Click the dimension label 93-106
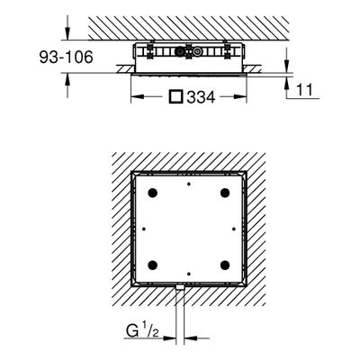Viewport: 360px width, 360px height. coord(67,57)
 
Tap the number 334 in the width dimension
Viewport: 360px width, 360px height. coord(201,97)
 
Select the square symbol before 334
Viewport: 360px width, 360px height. coord(176,96)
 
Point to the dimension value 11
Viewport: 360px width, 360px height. coord(305,89)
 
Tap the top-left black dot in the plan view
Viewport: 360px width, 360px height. coord(153,193)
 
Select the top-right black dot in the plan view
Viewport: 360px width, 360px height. coord(225,193)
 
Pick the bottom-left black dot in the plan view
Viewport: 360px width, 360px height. coord(153,265)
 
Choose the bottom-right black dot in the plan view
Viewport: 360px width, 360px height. coord(225,265)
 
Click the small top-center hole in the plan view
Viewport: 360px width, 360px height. coord(189,184)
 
